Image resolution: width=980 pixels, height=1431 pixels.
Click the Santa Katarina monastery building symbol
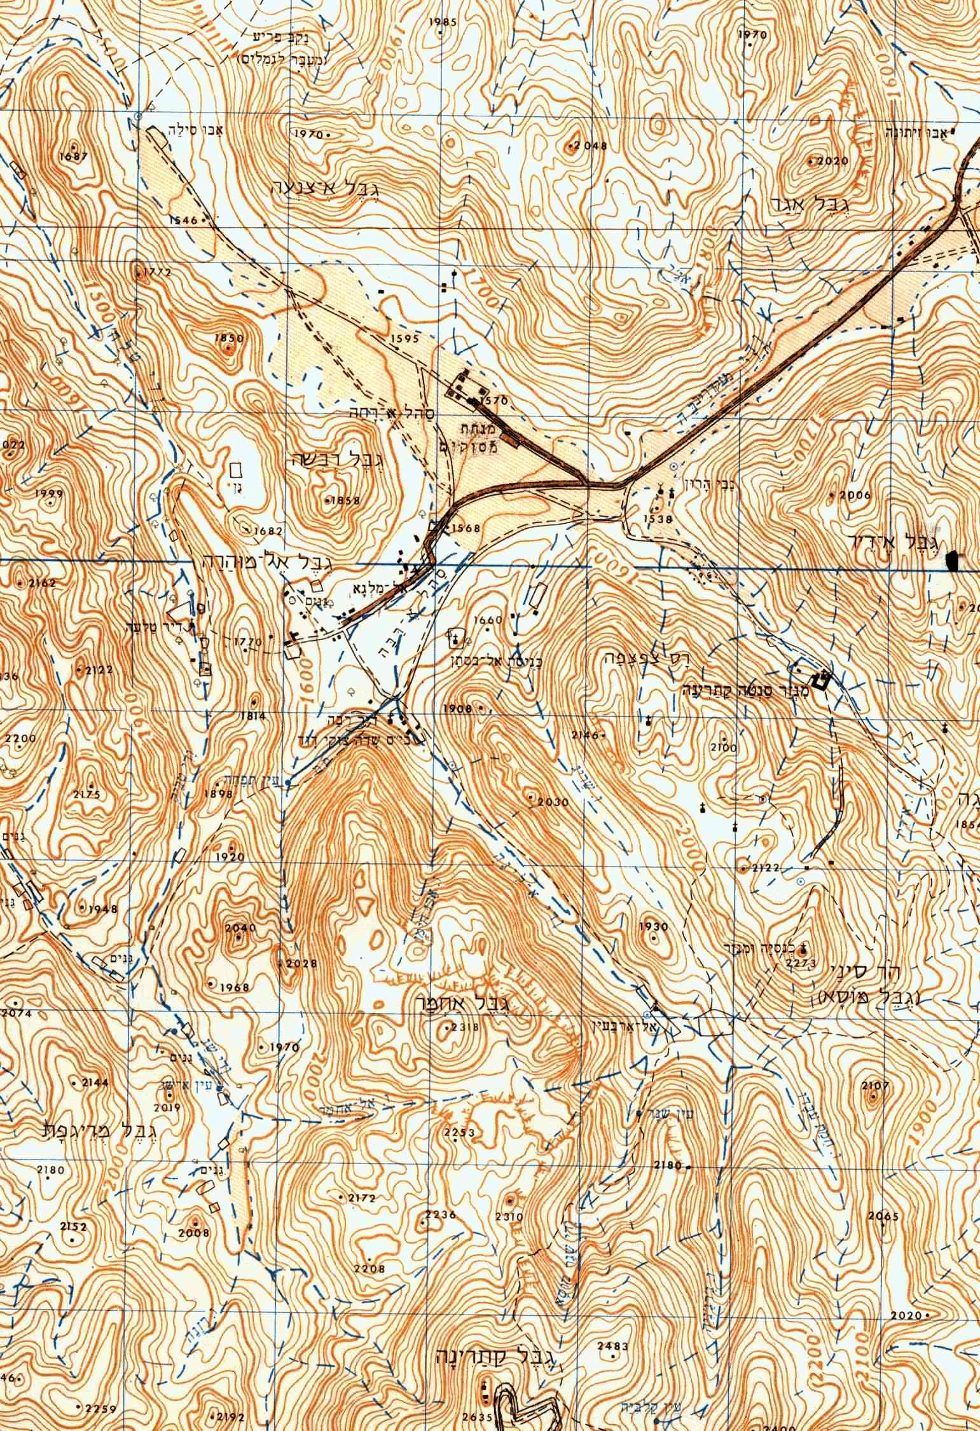pos(822,679)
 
